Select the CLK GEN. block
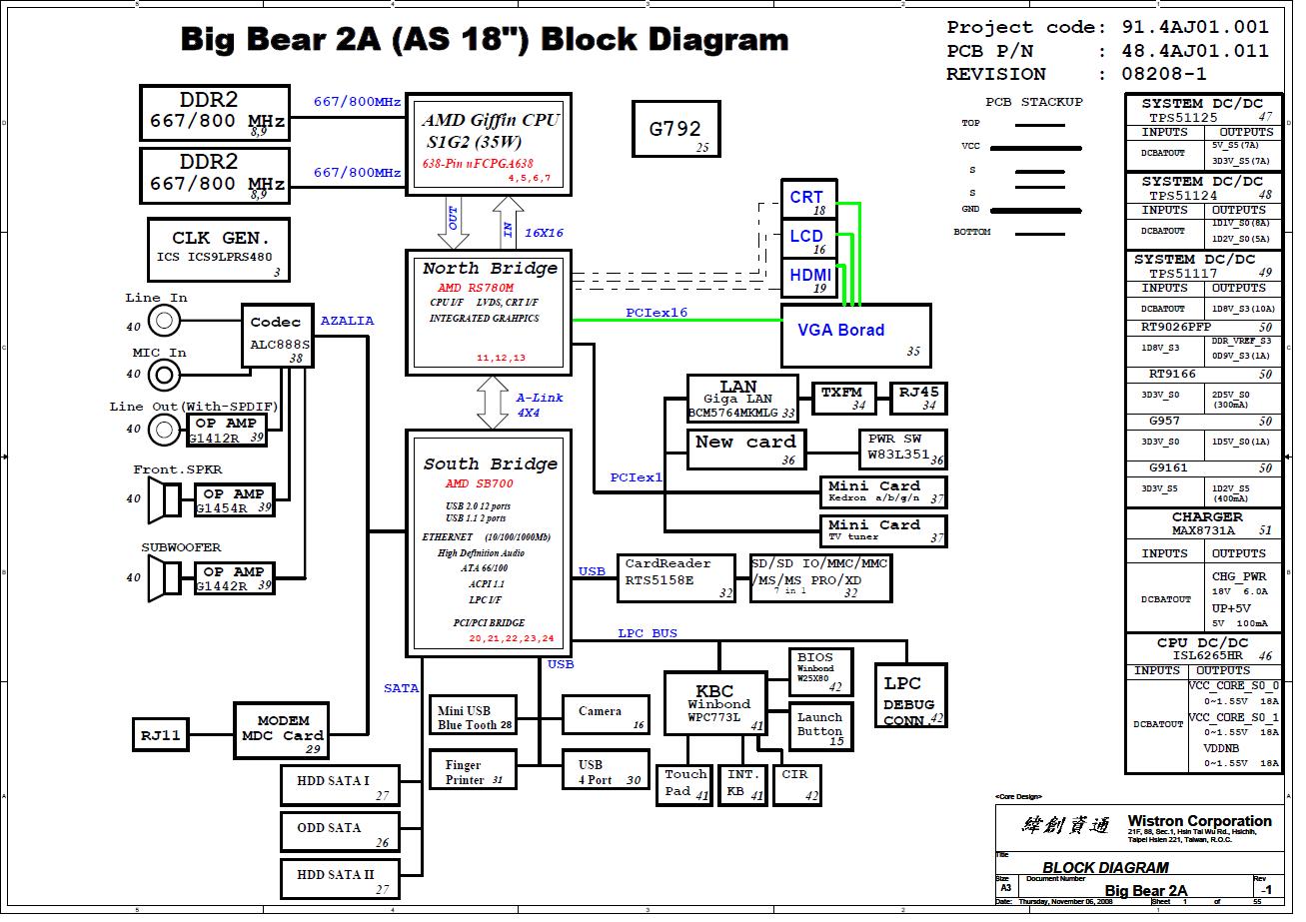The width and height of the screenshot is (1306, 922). pos(220,250)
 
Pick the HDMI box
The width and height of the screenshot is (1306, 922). pos(808,278)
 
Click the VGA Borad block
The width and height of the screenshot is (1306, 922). pos(855,336)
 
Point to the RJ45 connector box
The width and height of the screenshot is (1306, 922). pos(918,397)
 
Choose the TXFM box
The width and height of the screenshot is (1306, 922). pos(843,397)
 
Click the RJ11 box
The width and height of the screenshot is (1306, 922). pos(161,734)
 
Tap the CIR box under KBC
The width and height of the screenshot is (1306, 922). pos(797,783)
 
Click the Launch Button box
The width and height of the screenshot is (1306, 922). pos(821,727)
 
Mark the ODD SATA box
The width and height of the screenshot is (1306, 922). pos(339,831)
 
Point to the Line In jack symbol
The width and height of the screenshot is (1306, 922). pos(165,321)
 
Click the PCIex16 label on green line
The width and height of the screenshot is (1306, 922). pos(656,314)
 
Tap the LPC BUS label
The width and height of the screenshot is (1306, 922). pos(648,633)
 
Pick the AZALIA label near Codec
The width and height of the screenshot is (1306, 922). pos(347,321)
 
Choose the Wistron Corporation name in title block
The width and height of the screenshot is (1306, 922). pos(1199,821)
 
